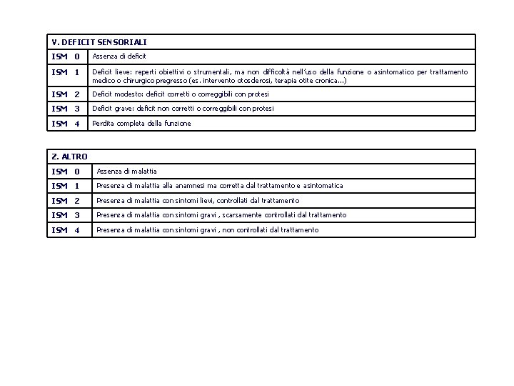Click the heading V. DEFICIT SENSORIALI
tap(99, 42)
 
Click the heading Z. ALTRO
tap(70, 156)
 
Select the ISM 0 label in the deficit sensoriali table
tap(66, 56)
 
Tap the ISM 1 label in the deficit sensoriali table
tap(66, 72)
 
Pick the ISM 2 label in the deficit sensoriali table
tap(66, 94)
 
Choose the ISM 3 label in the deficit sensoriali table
tap(66, 109)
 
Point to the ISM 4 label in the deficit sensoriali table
tap(66, 124)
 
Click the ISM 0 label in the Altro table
tap(66, 172)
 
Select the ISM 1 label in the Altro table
tap(66, 186)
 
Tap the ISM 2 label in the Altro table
tap(66, 201)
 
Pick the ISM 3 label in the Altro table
tap(66, 215)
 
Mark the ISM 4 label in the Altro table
tap(66, 230)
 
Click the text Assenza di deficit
tap(119, 56)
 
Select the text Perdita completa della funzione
tap(141, 124)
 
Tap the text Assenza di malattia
tap(126, 172)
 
